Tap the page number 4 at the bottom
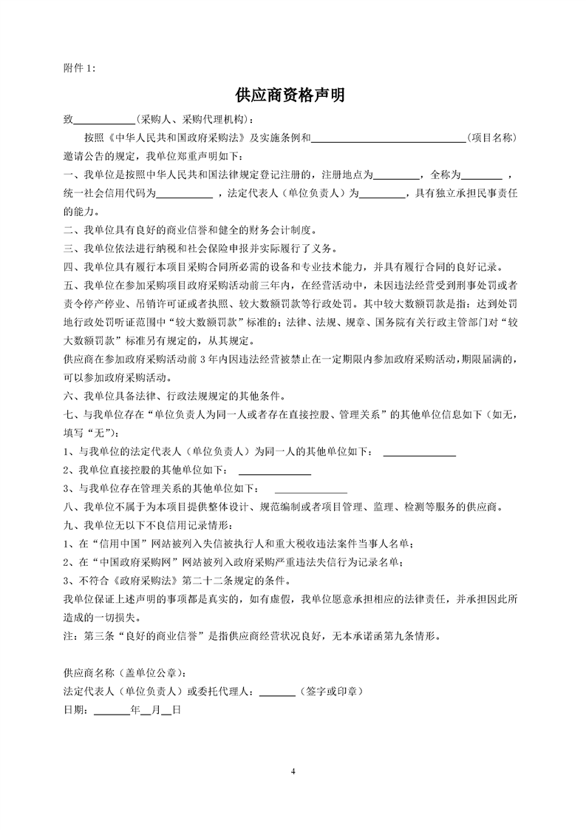[x=293, y=772]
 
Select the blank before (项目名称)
[x=392, y=138]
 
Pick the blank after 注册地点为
[x=397, y=176]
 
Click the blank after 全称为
[x=482, y=176]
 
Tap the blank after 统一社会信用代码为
[x=184, y=195]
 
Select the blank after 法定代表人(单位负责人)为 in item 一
[x=382, y=195]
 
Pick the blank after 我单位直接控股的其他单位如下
[x=274, y=471]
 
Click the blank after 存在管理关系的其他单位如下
[x=310, y=490]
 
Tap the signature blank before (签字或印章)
[x=278, y=692]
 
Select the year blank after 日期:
[x=112, y=711]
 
